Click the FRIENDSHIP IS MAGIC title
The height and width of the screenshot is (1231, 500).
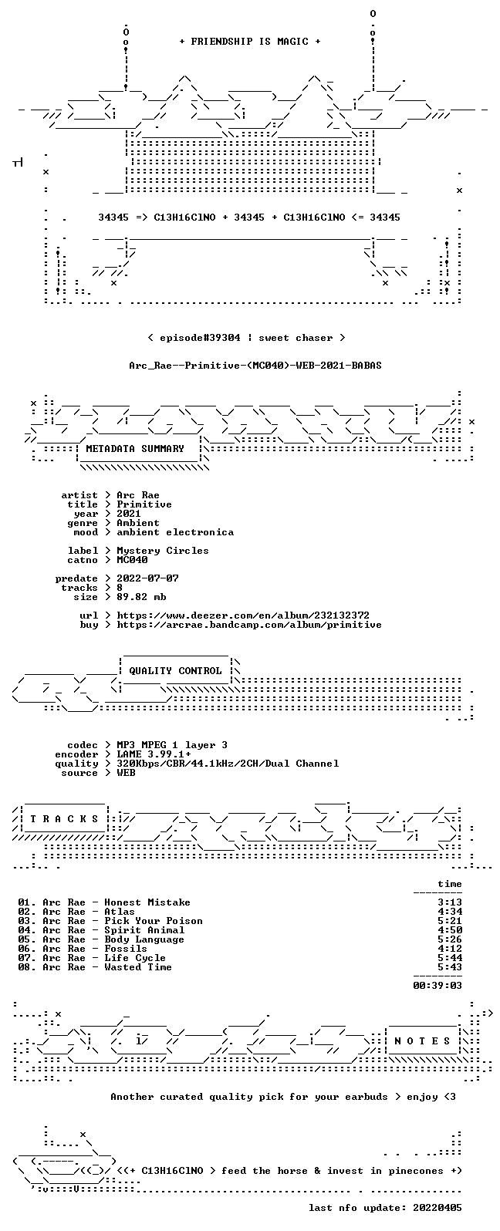pyautogui.click(x=250, y=42)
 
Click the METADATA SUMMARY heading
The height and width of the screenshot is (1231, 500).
pyautogui.click(x=135, y=449)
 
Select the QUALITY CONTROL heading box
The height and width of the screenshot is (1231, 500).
pyautogui.click(x=175, y=671)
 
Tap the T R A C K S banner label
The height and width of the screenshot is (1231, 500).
pyautogui.click(x=64, y=819)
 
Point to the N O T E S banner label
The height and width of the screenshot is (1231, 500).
pyautogui.click(x=422, y=1040)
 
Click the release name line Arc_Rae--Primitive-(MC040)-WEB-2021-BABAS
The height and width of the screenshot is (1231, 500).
pyautogui.click(x=255, y=366)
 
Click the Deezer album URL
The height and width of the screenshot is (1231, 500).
pyautogui.click(x=243, y=615)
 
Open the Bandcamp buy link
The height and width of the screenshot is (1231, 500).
pyautogui.click(x=249, y=625)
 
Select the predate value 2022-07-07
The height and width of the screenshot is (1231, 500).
pyautogui.click(x=147, y=578)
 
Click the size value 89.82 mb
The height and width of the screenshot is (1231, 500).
pyautogui.click(x=141, y=597)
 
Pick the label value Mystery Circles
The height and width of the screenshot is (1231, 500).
pyautogui.click(x=163, y=551)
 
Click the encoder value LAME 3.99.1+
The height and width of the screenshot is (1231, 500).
pyautogui.click(x=154, y=754)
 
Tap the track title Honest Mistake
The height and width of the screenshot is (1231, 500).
pyautogui.click(x=147, y=902)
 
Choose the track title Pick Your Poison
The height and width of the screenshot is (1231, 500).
pyautogui.click(x=154, y=921)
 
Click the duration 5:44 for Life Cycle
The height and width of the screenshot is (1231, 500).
pyautogui.click(x=450, y=958)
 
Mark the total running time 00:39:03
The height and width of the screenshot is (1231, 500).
pyautogui.click(x=437, y=986)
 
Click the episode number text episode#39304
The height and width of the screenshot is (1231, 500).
pyautogui.click(x=200, y=338)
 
